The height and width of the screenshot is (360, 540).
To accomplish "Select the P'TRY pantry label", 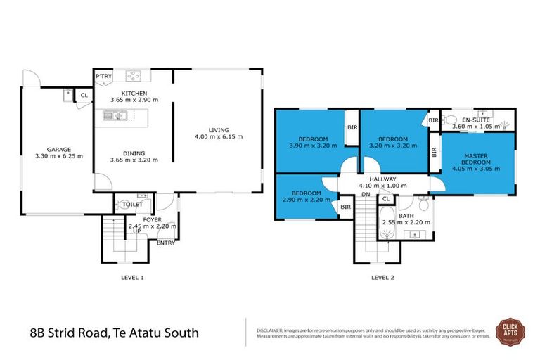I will (x=104, y=76).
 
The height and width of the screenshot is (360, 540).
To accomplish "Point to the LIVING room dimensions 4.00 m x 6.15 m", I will (x=218, y=136).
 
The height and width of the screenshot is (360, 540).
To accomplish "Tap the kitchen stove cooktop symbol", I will (x=134, y=76).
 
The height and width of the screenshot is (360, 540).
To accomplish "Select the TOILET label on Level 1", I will (x=133, y=205).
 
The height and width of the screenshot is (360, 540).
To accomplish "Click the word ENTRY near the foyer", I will (x=166, y=243).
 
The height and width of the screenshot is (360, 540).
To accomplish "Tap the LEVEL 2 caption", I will (x=382, y=278).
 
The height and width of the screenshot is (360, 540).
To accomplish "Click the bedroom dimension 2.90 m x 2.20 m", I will (x=307, y=200).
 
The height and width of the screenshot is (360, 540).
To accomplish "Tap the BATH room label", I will (x=406, y=216).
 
